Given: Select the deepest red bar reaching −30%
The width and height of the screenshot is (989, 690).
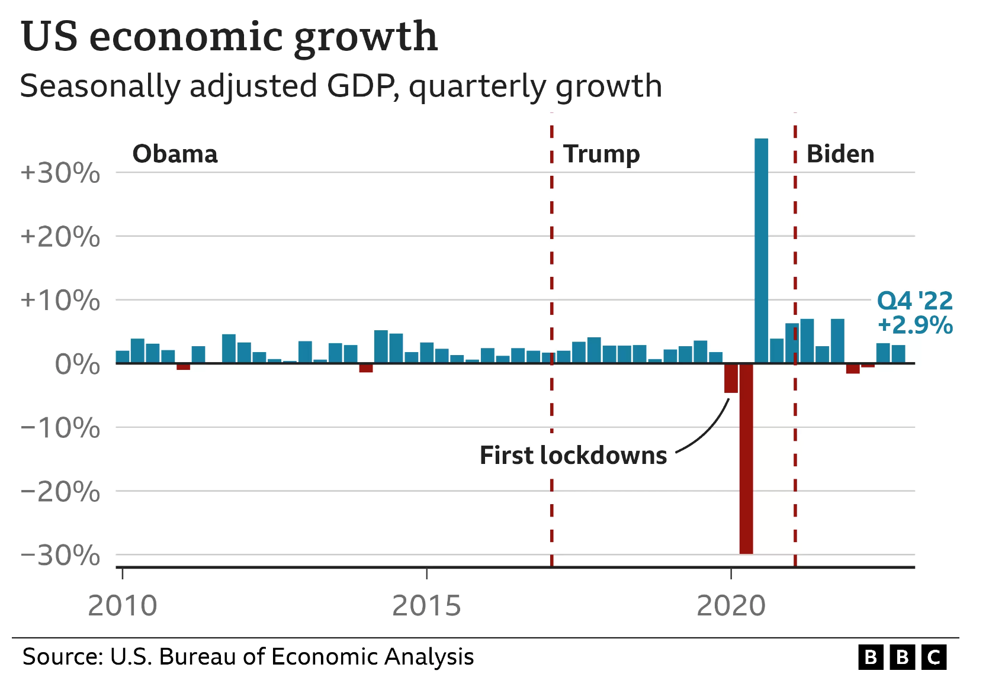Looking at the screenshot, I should [746, 459].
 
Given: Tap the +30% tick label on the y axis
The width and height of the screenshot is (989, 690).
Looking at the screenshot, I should [60, 173].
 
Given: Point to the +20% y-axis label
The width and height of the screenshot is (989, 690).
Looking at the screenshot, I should [60, 237].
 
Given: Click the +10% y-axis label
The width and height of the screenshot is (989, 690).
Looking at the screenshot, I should [60, 301].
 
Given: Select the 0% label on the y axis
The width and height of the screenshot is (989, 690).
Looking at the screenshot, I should [77, 365].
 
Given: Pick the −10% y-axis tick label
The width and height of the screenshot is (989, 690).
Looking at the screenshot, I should [60, 428].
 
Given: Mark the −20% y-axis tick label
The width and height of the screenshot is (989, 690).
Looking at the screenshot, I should [60, 492].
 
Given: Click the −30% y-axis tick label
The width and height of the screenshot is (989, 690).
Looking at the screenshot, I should [60, 556].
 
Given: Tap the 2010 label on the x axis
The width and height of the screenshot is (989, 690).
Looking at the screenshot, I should [123, 606].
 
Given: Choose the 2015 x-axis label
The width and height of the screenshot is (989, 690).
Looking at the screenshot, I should [426, 606].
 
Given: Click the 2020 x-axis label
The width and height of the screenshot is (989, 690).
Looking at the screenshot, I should [731, 606].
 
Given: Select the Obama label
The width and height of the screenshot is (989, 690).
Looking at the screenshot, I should [175, 154].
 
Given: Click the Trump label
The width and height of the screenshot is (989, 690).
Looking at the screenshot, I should [601, 154].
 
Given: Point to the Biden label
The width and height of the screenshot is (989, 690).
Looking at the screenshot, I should [840, 154].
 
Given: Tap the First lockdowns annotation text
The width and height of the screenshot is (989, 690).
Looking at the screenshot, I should [573, 456].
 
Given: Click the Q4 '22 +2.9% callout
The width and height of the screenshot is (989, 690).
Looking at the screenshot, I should [915, 313].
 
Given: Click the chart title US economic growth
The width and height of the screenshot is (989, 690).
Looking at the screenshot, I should [229, 37].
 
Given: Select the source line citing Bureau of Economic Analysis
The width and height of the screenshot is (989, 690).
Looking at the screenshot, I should [248, 657].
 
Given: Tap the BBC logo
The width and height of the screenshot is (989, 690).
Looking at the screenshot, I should [903, 657].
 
